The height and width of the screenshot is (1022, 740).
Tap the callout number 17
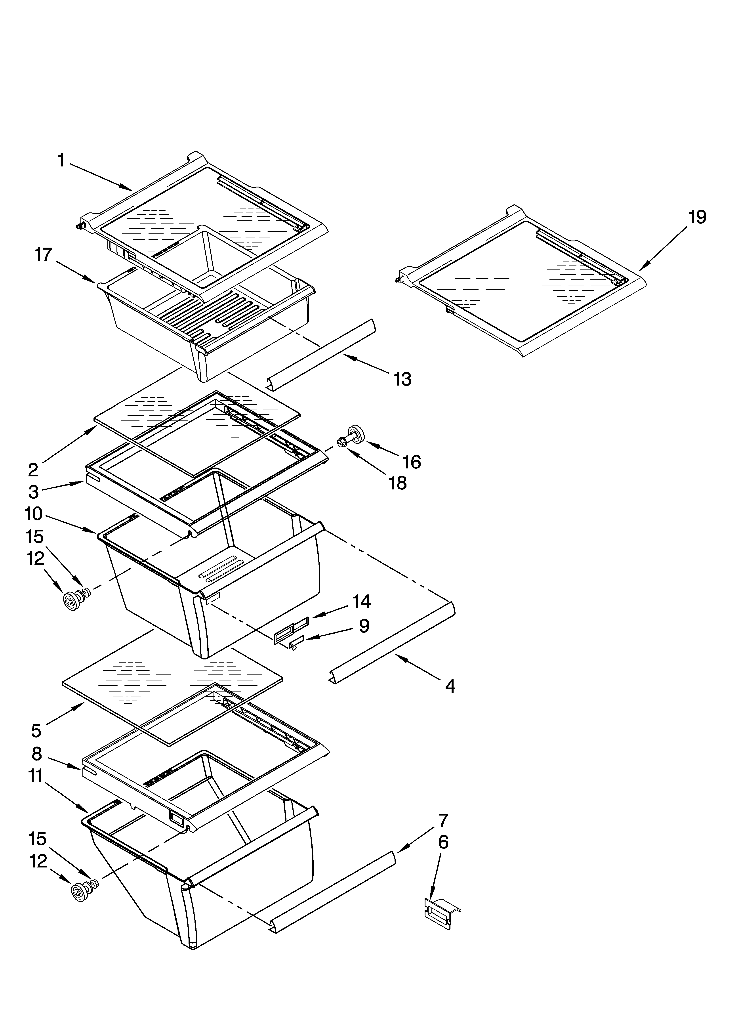point(44,255)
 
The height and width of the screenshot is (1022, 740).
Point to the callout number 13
point(402,379)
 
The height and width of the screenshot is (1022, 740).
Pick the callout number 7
point(443,820)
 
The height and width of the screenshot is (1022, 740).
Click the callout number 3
point(34,492)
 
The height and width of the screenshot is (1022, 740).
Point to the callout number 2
point(33,470)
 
